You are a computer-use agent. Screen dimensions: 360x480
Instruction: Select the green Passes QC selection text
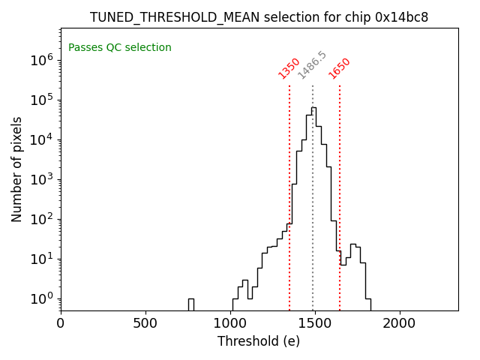[x=120, y=48]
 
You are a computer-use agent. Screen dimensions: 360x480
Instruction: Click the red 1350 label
[x=289, y=68]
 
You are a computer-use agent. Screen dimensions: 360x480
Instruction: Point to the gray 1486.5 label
[x=312, y=65]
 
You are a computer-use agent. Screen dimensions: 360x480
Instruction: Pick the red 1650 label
[x=339, y=68]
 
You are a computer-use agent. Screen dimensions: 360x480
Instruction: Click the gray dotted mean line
[x=313, y=225]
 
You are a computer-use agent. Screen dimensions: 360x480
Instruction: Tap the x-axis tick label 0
[x=61, y=324]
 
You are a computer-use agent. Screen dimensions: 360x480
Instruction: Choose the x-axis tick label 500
[x=145, y=324]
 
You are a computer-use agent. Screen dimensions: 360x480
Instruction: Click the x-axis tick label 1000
[x=229, y=324]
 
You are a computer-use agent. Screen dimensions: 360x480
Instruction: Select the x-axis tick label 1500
[x=314, y=324]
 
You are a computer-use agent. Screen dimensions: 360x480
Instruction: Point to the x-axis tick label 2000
[x=399, y=324]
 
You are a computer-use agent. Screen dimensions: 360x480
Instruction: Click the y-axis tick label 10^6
[x=41, y=60]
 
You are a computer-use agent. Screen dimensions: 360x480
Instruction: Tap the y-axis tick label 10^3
[x=41, y=179]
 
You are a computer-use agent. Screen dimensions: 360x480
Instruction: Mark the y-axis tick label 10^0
[x=41, y=298]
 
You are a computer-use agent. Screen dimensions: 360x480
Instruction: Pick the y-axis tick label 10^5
[x=41, y=100]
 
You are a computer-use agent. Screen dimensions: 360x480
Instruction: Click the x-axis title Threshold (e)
[x=259, y=342]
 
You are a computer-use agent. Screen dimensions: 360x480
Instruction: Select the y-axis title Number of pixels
[x=17, y=169]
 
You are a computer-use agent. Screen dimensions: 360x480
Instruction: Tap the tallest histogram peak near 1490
[x=313, y=108]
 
